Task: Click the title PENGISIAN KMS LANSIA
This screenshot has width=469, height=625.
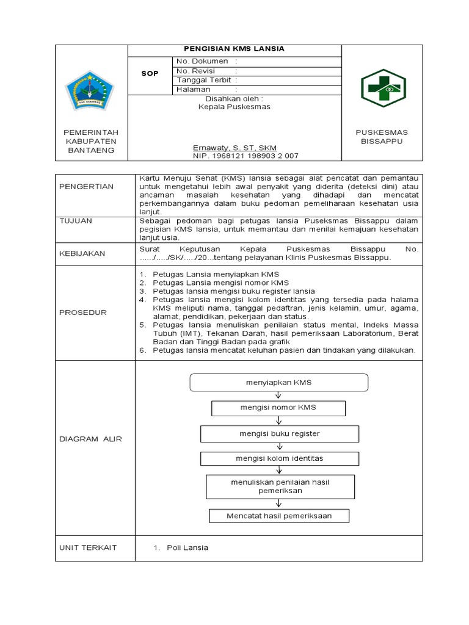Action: pos(234,49)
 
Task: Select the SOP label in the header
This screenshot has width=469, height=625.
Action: pos(150,73)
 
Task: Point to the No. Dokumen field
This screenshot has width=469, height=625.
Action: pos(207,62)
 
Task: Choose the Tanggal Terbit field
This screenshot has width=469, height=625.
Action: pos(207,80)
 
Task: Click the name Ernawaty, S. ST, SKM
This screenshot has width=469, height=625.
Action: pos(234,148)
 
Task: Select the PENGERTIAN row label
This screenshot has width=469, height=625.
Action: pos(86,186)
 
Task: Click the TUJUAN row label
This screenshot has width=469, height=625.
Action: pos(76,221)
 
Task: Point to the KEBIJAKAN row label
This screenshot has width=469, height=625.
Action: pos(82,253)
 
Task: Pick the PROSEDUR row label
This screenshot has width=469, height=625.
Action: pos(83,312)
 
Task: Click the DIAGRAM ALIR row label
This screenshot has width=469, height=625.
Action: pos(90,439)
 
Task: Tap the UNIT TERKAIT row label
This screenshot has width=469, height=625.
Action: pos(88,547)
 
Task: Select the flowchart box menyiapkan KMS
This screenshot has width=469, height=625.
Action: pos(278,383)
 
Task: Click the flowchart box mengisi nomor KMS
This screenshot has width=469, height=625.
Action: pos(278,408)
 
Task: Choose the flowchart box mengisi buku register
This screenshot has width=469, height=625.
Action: pos(279,433)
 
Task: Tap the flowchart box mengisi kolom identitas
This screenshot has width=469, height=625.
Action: pos(279,458)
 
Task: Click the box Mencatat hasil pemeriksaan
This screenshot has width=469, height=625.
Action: pos(279,516)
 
